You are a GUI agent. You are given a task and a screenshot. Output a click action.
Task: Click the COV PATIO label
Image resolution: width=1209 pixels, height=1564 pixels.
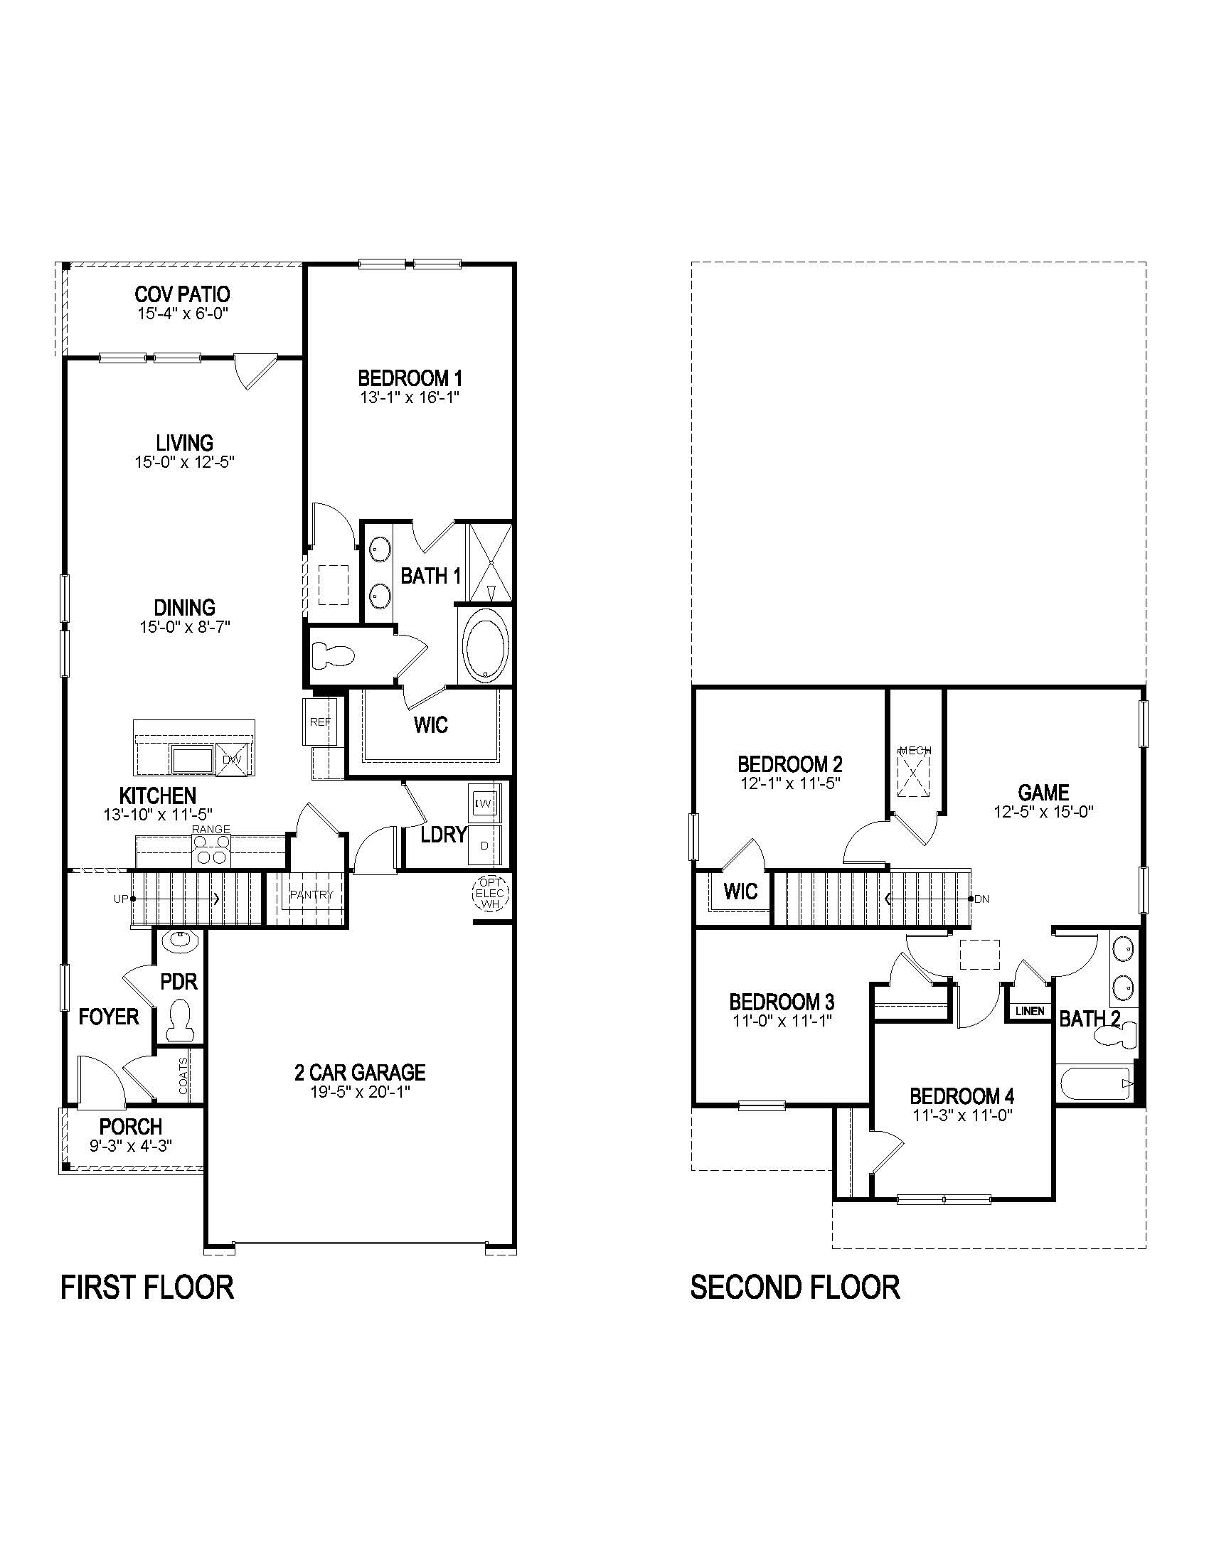pyautogui.click(x=183, y=294)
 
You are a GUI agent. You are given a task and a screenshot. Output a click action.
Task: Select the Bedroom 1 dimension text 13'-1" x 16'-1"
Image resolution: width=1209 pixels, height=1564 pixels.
pyautogui.click(x=409, y=398)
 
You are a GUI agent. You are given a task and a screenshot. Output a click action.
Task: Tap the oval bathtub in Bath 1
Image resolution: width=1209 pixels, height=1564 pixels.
pyautogui.click(x=486, y=646)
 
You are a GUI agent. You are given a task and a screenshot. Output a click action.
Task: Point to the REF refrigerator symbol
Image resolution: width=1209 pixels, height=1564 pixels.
pyautogui.click(x=319, y=722)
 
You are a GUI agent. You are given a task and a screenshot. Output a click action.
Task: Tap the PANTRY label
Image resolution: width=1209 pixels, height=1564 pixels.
pyautogui.click(x=311, y=894)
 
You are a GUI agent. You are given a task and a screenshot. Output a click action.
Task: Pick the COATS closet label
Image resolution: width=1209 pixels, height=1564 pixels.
pyautogui.click(x=183, y=1076)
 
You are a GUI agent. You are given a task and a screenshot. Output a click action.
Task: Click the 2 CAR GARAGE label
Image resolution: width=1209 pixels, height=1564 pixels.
pyautogui.click(x=360, y=1072)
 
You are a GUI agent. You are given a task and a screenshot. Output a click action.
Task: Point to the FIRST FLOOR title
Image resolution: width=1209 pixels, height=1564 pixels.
pyautogui.click(x=147, y=1287)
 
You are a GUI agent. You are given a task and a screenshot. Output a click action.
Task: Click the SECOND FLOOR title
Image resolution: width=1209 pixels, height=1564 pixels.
pyautogui.click(x=794, y=1287)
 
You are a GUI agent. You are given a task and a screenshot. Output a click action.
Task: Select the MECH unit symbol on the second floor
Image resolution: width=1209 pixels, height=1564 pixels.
pyautogui.click(x=915, y=773)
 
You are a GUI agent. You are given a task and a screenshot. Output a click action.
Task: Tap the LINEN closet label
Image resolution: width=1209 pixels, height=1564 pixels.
pyautogui.click(x=1030, y=1012)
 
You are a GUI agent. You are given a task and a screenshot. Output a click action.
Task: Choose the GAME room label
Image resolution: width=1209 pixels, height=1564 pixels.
pyautogui.click(x=1043, y=792)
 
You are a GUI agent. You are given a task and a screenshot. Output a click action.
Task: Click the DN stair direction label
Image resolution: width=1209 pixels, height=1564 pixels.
pyautogui.click(x=981, y=899)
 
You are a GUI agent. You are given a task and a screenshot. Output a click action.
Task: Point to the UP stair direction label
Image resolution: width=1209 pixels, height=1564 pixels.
pyautogui.click(x=120, y=898)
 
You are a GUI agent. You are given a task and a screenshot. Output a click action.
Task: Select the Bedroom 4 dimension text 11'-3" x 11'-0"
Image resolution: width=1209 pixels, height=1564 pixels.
pyautogui.click(x=962, y=1115)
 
